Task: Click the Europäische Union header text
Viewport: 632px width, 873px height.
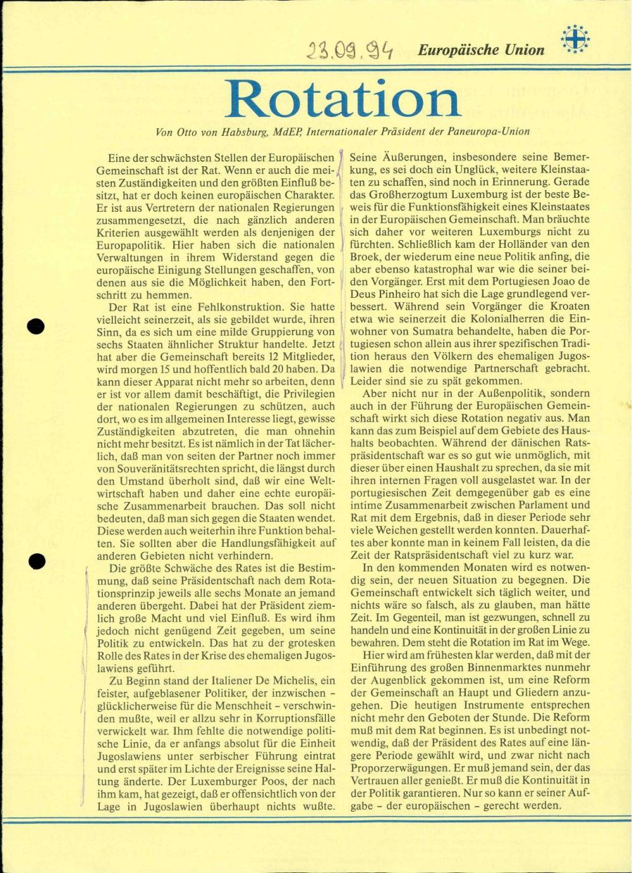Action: [481, 50]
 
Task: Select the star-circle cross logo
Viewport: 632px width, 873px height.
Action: [575, 39]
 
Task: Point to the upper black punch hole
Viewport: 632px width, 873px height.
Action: [36, 326]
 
